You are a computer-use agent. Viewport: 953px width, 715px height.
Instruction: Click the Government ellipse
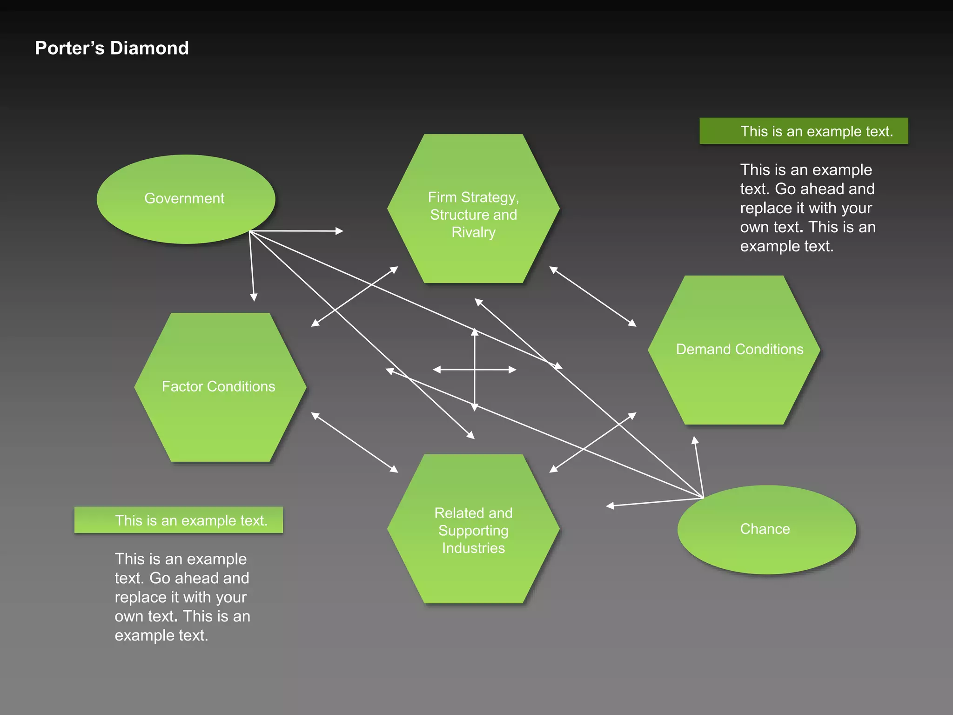click(x=186, y=199)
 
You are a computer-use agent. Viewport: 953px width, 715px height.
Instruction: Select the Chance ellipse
click(x=766, y=529)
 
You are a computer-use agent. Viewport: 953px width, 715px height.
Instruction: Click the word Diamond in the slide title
click(x=149, y=48)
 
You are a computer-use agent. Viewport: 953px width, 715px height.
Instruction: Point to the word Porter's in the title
click(x=70, y=48)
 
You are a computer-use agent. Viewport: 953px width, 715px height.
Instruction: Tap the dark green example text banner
click(x=804, y=131)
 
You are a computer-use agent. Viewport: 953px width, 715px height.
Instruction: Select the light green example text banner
click(x=178, y=520)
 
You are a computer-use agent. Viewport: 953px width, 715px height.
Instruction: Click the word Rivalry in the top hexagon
click(x=473, y=232)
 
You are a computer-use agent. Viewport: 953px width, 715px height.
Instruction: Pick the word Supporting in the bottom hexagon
click(x=473, y=531)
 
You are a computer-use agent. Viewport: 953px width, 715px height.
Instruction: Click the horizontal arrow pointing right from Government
click(x=298, y=231)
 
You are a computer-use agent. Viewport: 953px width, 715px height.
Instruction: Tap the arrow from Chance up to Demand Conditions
click(x=698, y=465)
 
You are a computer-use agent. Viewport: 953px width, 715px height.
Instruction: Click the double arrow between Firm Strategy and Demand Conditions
click(x=592, y=296)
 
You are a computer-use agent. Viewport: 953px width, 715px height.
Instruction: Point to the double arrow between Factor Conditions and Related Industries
click(x=355, y=442)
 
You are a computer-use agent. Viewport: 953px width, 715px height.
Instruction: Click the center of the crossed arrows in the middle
click(x=475, y=370)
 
